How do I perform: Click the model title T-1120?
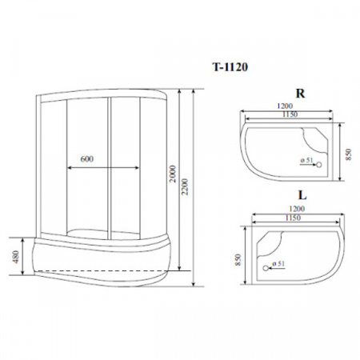coord(230,67)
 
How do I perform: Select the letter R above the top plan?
coord(300,94)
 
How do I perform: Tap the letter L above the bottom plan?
coord(302,195)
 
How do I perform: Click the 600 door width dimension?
coord(87,159)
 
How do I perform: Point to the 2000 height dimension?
coord(173,174)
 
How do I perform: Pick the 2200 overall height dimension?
coord(185,186)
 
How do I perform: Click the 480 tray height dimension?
coord(16,257)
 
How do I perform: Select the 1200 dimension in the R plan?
coord(285,106)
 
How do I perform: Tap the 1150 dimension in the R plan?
coord(290,114)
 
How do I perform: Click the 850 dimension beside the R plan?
coord(349,154)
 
